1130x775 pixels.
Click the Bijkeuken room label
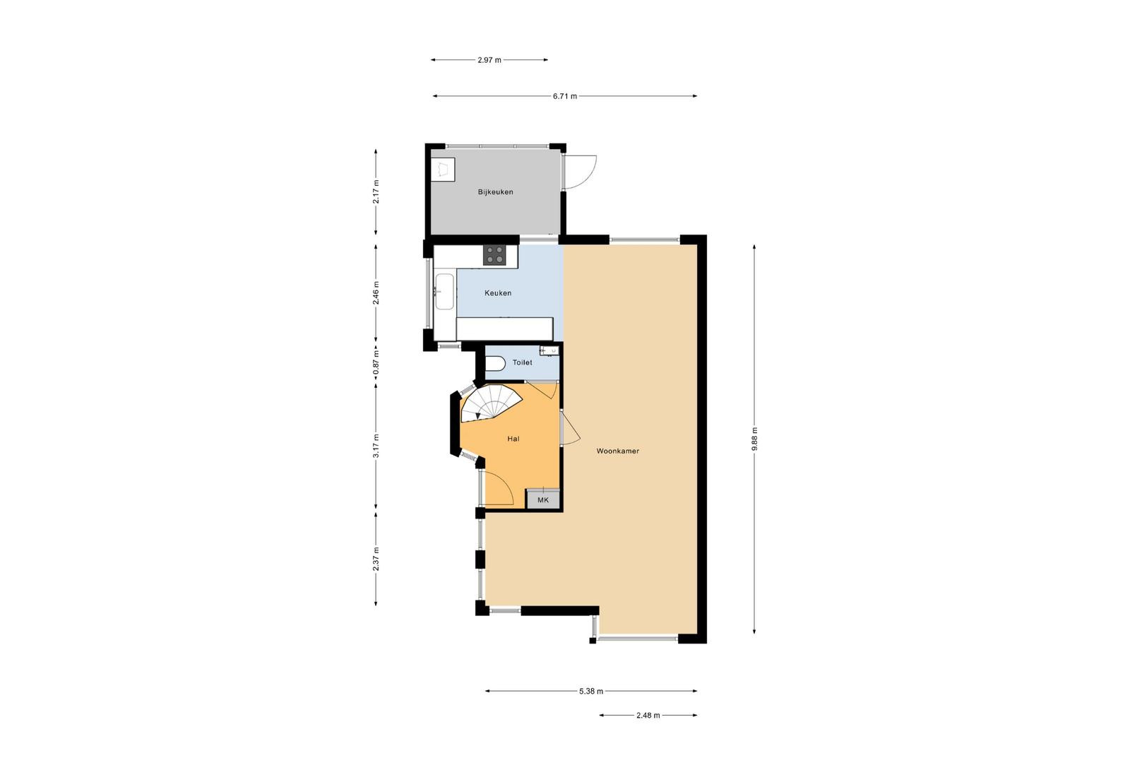coord(495,191)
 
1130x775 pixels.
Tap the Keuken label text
coord(498,292)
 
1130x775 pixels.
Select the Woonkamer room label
coord(617,451)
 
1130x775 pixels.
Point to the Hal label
coord(513,439)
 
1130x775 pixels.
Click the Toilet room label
coord(522,362)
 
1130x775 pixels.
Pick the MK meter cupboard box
coord(543,499)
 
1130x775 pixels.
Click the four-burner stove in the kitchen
coord(494,255)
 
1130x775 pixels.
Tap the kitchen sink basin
coord(444,291)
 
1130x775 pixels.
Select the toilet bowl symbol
coord(495,363)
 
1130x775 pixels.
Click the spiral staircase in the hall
coord(490,403)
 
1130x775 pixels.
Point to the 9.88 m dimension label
coord(754,439)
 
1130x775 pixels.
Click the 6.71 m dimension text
coord(564,96)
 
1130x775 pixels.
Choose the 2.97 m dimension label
coord(489,60)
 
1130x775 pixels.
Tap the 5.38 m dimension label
coord(590,691)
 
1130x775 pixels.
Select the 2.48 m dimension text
coord(648,715)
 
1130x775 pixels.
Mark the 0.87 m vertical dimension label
coord(376,363)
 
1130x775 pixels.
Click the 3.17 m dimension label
coord(376,446)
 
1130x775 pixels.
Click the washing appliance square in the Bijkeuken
coord(443,170)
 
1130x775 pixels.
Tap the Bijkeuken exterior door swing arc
coord(588,178)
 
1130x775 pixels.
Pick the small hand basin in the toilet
coord(549,350)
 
